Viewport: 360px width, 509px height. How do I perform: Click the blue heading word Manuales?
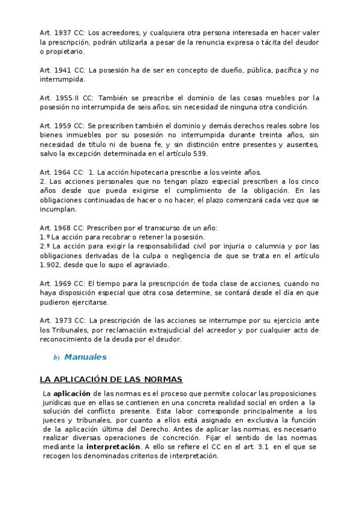click(85, 357)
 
